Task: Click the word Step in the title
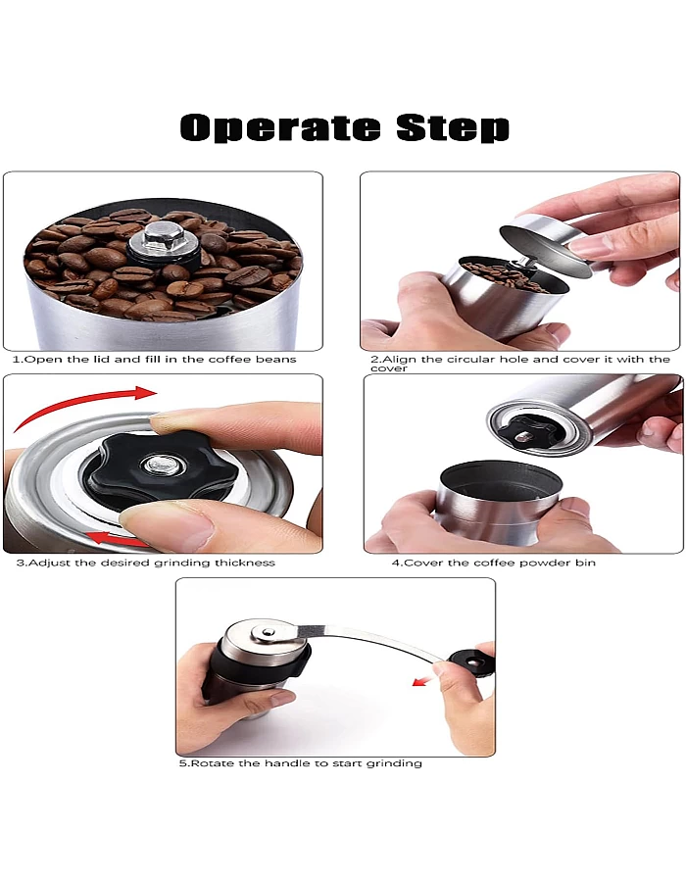(x=453, y=128)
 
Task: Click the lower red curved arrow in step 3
(x=116, y=536)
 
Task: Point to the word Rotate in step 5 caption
(x=212, y=763)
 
